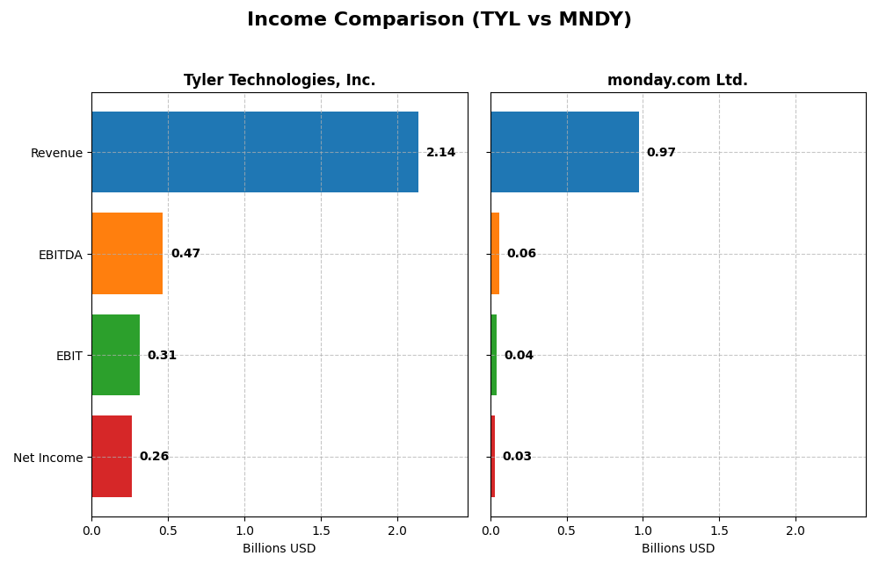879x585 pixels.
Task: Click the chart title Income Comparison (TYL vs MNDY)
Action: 439,19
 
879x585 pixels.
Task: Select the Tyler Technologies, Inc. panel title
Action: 280,80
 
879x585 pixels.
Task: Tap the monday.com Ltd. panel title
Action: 677,80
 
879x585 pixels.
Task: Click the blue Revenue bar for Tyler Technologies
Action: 255,152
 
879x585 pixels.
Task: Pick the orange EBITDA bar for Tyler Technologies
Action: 127,254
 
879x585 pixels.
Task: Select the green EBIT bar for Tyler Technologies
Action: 115,355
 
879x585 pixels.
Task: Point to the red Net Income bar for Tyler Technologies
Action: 112,457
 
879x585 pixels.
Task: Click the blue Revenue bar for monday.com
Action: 564,152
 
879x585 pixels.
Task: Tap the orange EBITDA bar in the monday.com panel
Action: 495,254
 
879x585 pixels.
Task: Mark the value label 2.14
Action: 441,153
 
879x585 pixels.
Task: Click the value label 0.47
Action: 185,254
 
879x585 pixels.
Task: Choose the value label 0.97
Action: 661,153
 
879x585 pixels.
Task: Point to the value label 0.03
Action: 517,457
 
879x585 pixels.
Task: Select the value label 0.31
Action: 162,356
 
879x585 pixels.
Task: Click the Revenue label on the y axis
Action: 56,153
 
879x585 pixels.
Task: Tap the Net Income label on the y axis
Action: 47,458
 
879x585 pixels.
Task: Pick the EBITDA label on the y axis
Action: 60,255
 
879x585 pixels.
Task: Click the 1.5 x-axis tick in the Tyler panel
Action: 321,531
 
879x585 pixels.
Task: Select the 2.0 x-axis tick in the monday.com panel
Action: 795,531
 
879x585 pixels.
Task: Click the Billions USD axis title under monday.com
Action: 678,549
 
